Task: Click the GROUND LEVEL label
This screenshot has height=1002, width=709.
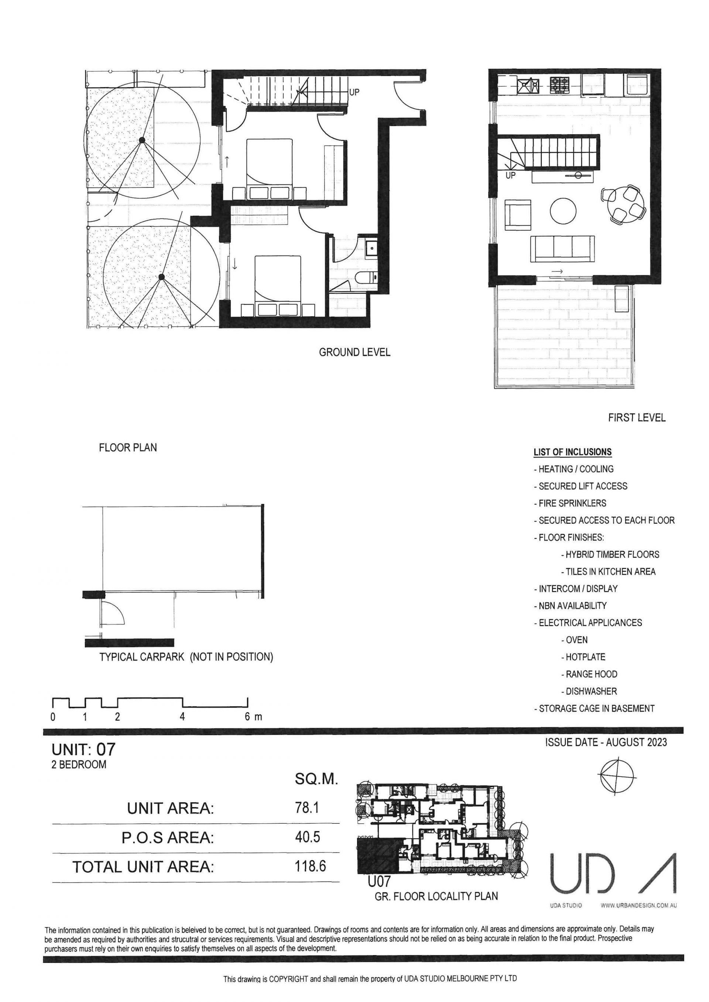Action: coord(354,352)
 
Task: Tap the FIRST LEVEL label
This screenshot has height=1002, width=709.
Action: coord(637,418)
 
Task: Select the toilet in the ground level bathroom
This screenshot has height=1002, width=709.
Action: coord(366,277)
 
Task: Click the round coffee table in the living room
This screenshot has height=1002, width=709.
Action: coord(563,211)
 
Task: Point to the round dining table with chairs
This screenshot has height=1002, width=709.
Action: coord(624,203)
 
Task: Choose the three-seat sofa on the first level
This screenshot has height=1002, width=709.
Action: coord(562,249)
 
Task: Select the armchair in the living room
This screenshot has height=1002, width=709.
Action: coord(518,215)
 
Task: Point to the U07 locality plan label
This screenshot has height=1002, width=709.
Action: coord(379,882)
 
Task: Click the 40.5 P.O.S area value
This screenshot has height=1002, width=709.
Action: coord(308,837)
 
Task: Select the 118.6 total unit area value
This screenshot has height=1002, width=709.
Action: coord(311,866)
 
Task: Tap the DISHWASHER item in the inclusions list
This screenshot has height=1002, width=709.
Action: coord(589,691)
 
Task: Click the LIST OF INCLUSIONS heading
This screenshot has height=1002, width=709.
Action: coord(572,452)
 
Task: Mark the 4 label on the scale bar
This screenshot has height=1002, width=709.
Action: coord(182,717)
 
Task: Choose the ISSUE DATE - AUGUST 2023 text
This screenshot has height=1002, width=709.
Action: coord(606,742)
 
